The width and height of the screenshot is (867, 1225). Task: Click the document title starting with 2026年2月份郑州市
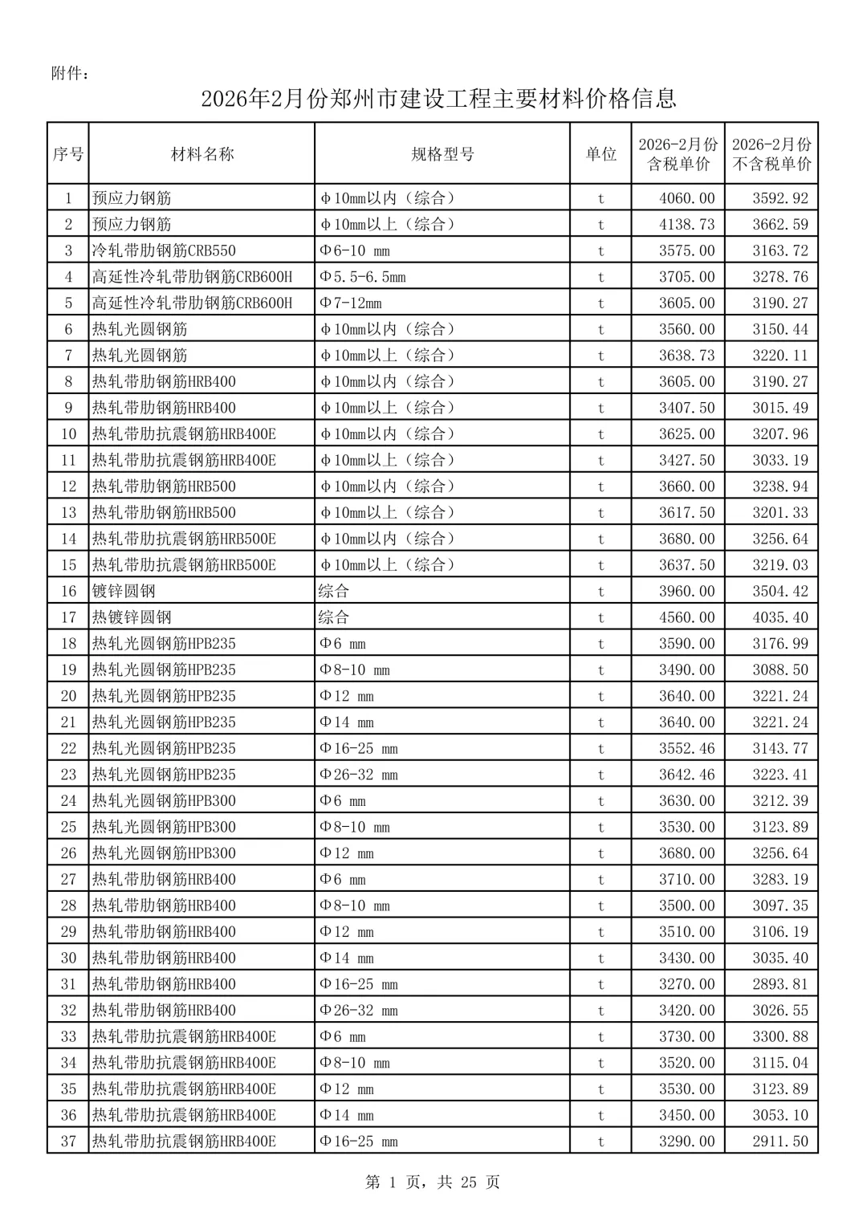438,99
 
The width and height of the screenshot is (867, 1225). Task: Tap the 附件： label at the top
70,74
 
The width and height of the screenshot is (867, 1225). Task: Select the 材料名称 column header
202,154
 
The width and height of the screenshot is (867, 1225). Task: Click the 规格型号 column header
442,154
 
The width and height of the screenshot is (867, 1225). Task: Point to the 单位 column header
600,154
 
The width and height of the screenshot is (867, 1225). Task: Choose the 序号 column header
68,154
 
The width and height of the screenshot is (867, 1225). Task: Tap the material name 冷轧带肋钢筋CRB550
164,250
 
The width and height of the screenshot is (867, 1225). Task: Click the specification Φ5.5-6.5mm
363,277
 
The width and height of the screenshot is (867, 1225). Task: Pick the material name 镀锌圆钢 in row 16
124,592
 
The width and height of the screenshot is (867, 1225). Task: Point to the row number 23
68,775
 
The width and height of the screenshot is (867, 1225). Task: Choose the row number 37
68,1142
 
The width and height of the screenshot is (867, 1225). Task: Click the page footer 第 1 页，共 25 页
433,1182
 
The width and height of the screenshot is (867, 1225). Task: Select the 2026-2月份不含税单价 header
771,154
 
